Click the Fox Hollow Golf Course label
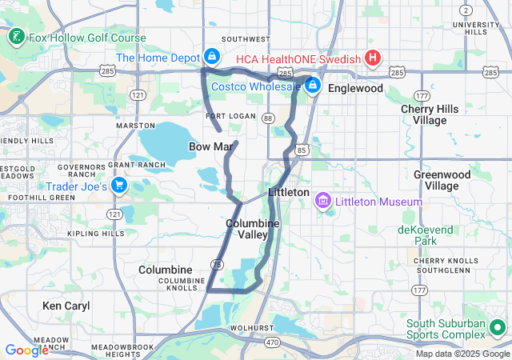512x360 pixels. [87, 38]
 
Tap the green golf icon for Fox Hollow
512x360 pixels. [15, 37]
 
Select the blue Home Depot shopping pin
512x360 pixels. [212, 57]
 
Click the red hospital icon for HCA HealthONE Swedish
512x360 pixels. [372, 58]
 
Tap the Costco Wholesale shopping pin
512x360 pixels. [312, 85]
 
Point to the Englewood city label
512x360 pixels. [355, 88]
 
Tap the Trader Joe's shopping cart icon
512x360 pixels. [119, 186]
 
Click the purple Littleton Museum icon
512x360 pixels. [323, 201]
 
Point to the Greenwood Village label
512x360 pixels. [436, 179]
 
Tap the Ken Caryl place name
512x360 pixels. [66, 306]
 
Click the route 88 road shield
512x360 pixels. [267, 118]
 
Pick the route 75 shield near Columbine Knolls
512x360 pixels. [217, 265]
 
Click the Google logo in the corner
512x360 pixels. [26, 350]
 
